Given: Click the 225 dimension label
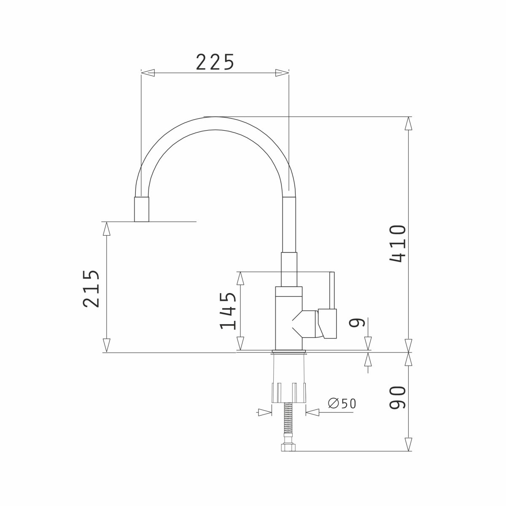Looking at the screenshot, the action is click(x=215, y=62).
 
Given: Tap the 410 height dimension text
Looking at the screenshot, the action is click(x=398, y=244).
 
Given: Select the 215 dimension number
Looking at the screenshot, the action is click(x=91, y=288).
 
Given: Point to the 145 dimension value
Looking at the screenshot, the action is click(x=228, y=311).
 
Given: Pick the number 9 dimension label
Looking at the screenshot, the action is click(x=357, y=322).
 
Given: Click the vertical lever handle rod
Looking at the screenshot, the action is click(x=332, y=290).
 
